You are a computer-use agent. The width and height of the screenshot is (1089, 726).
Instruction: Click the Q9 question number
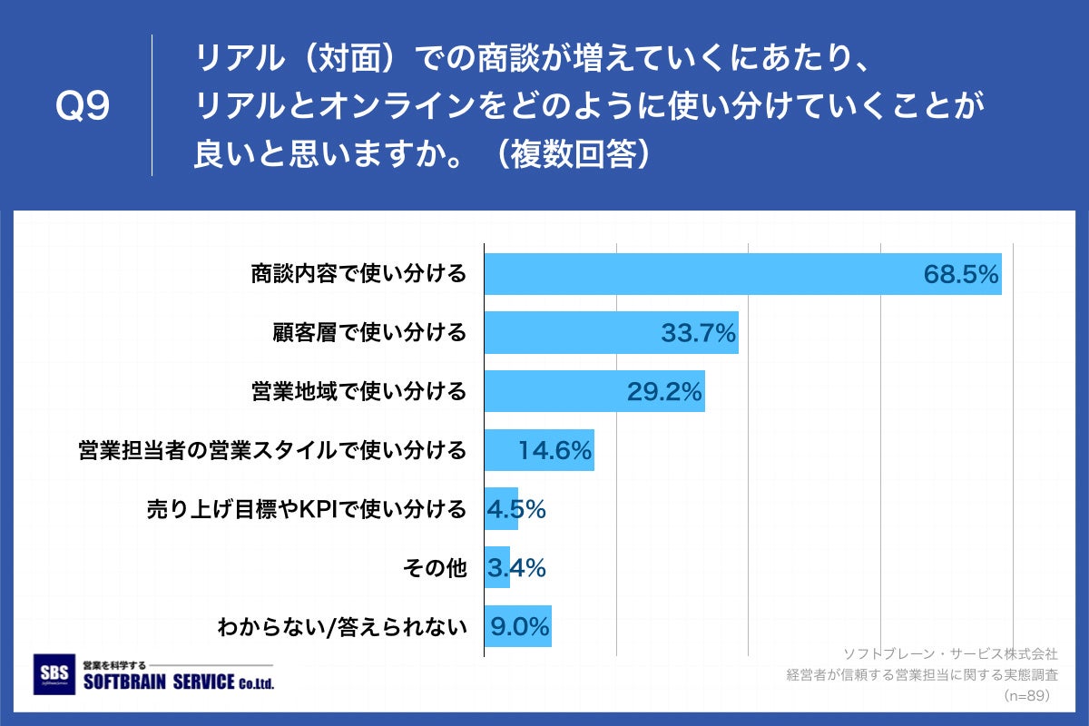point(83,107)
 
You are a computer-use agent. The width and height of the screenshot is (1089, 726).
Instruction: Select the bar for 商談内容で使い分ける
point(742,274)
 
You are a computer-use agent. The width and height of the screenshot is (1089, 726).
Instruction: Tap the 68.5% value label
point(961,274)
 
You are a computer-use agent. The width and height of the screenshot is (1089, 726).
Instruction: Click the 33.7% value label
point(697,333)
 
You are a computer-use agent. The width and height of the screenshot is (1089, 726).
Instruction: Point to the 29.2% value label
point(664,392)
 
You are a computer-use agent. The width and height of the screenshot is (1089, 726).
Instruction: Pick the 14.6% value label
point(554,450)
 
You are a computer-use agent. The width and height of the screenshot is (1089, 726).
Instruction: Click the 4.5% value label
point(515,509)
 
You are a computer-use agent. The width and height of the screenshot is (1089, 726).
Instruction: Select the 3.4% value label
point(515,568)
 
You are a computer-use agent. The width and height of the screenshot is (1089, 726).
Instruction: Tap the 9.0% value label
point(520,627)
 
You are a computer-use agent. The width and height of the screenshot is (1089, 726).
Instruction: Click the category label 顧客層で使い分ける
point(369,333)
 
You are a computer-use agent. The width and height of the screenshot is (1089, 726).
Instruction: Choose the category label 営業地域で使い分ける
point(358,392)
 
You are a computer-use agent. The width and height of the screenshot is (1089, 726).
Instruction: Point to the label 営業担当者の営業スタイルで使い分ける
point(272,450)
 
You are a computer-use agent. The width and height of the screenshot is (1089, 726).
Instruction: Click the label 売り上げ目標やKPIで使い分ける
point(307,509)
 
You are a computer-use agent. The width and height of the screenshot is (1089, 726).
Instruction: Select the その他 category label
point(434,568)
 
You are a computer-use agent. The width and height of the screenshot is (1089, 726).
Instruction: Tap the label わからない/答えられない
point(341,627)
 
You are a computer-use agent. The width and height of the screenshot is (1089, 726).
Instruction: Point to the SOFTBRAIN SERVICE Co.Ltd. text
point(178,682)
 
